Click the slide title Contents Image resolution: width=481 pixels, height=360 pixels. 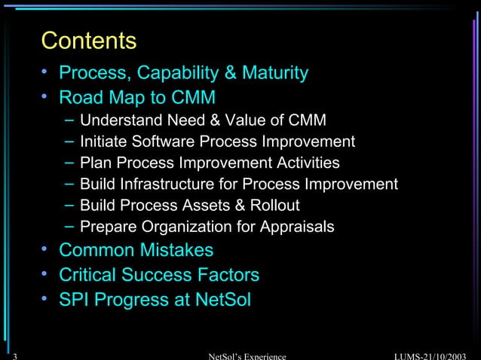pos(89,40)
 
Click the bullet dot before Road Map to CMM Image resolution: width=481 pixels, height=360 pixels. pos(46,97)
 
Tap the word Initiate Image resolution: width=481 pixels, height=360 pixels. pos(103,142)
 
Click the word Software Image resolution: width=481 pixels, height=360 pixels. pos(161,142)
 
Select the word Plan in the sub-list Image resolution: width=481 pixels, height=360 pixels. pos(94,163)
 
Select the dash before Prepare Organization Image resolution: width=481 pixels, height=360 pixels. pos(69,225)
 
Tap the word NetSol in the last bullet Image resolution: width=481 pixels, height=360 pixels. pos(222,300)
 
